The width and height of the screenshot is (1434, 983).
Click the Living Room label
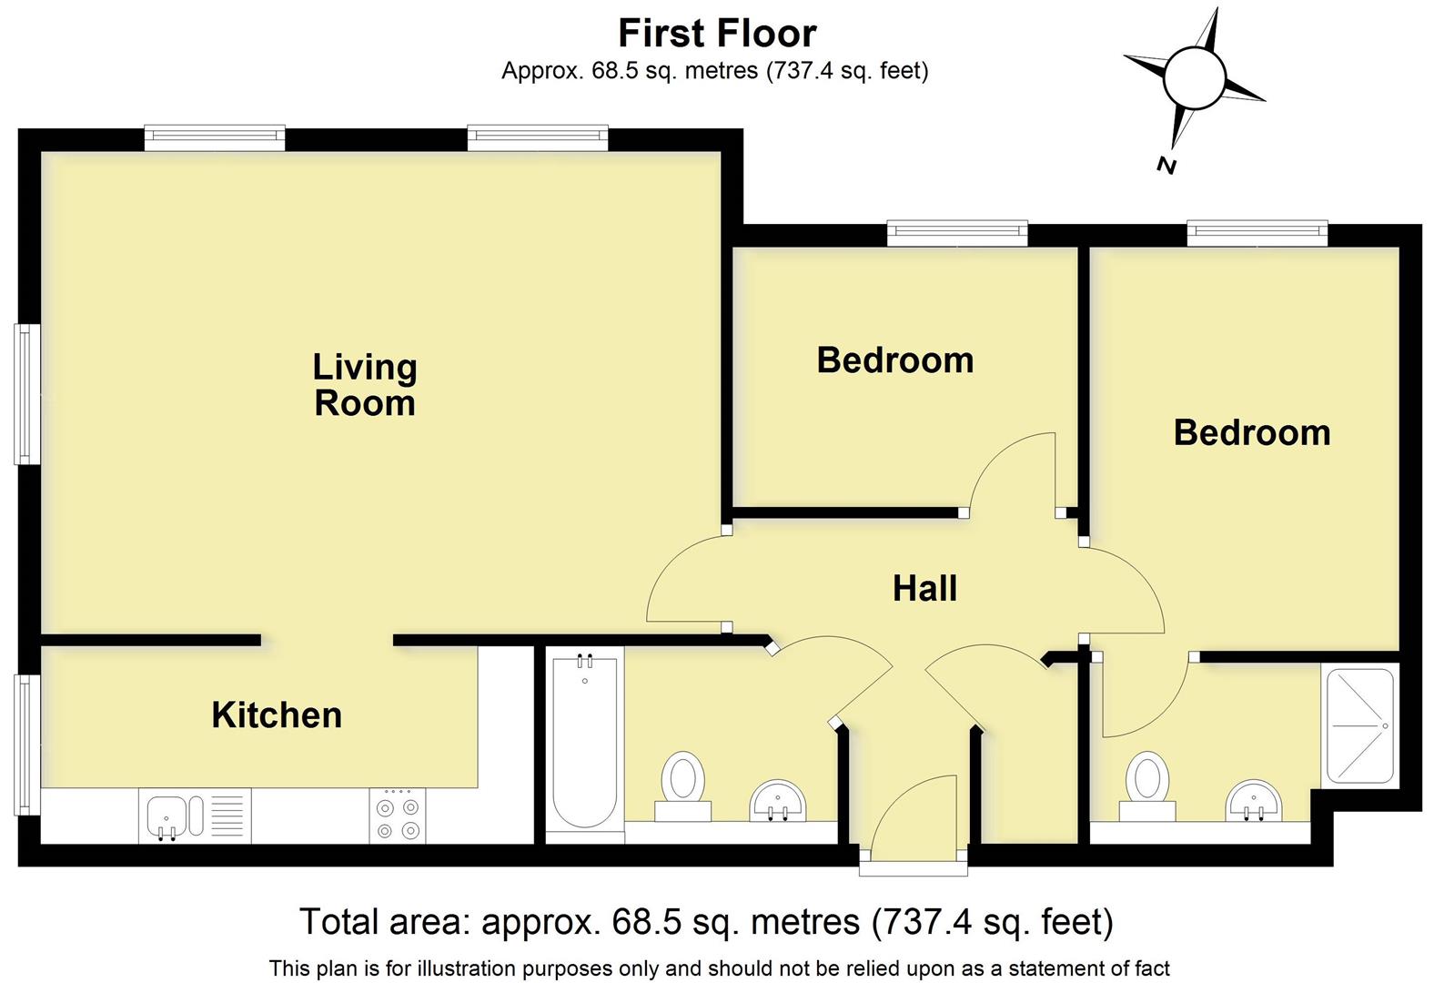point(364,385)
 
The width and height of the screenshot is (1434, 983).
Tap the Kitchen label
point(277,715)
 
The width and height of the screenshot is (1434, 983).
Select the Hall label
point(924,589)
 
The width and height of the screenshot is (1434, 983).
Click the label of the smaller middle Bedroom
point(894,360)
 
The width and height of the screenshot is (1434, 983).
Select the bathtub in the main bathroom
point(584,742)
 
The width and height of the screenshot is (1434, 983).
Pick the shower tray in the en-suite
point(1359,726)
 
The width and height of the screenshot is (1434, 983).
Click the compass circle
point(1193,78)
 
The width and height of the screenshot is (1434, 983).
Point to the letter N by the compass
point(1166,165)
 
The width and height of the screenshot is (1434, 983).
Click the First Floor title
point(717,34)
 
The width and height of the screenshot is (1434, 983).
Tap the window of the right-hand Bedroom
point(1257,233)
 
